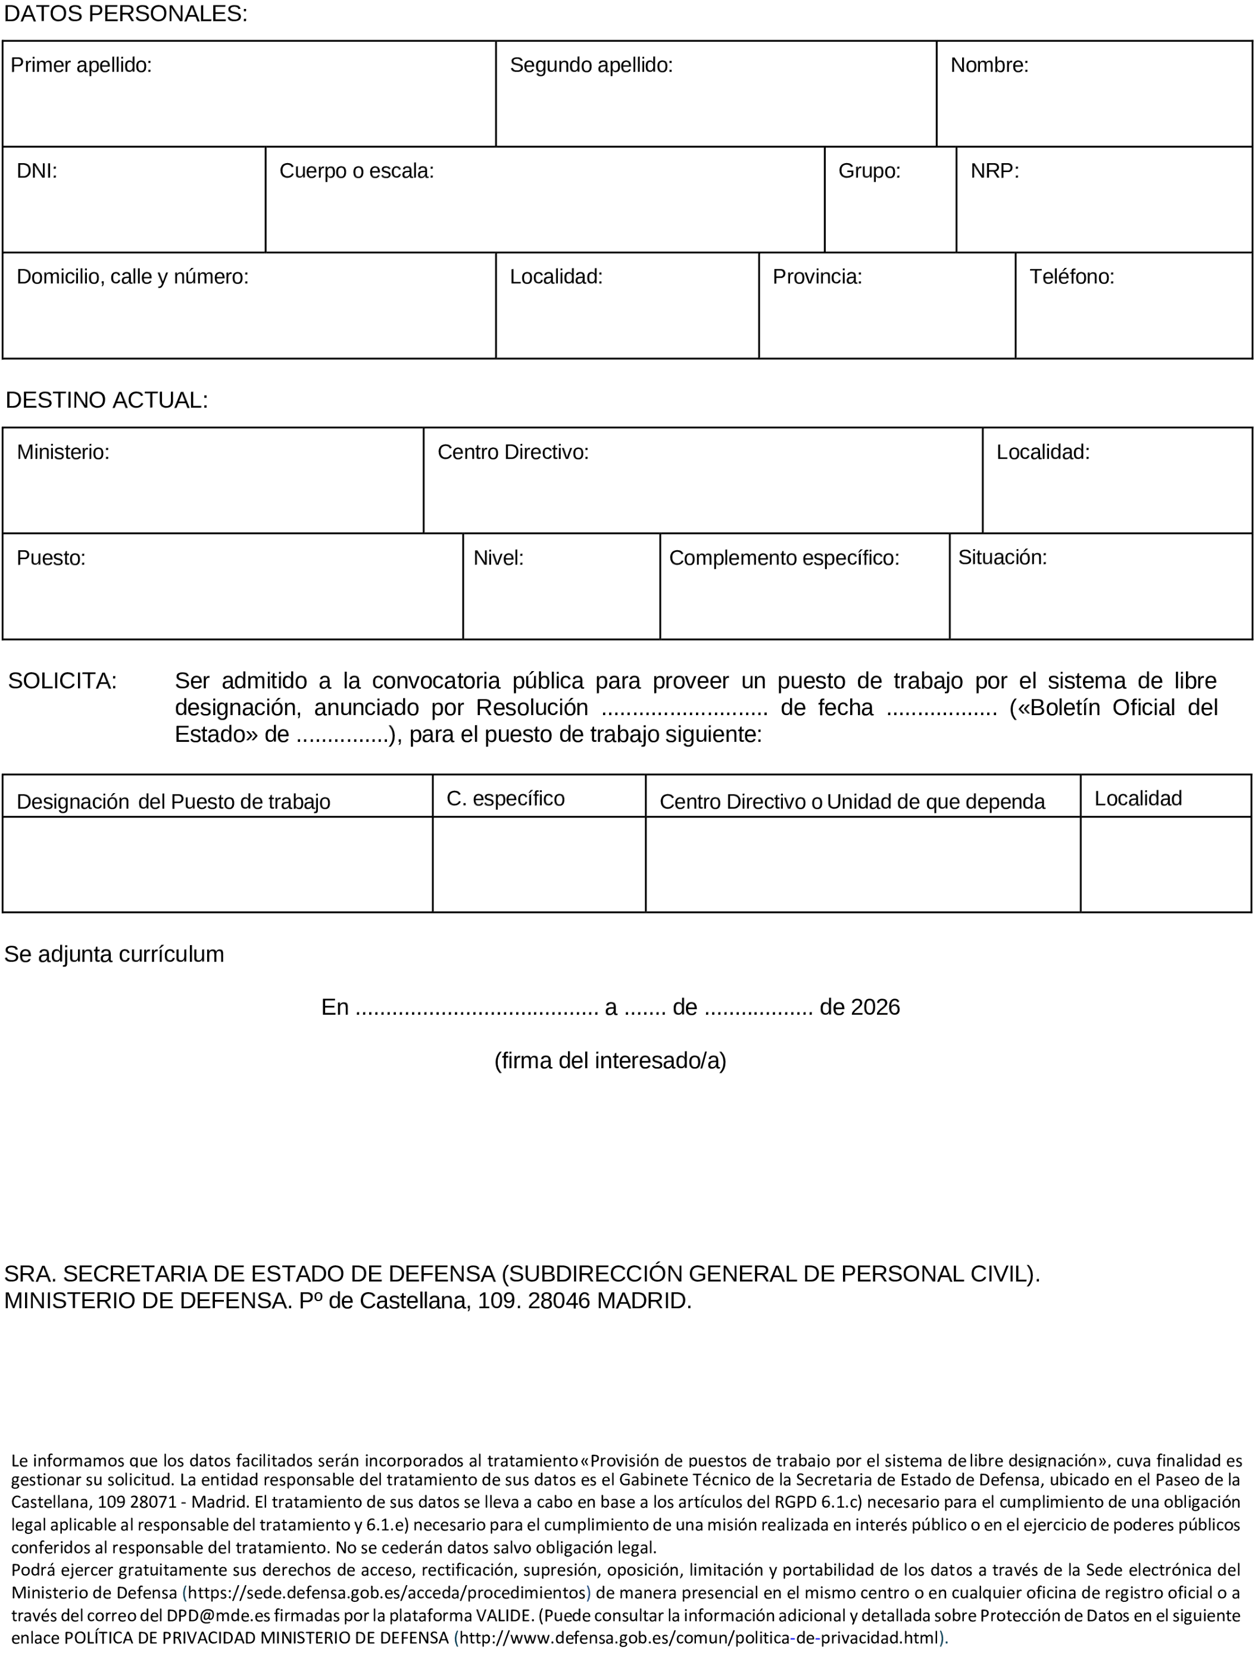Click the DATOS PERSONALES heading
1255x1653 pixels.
pyautogui.click(x=126, y=14)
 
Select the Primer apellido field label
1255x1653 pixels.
pyautogui.click(x=81, y=66)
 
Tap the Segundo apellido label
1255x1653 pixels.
pyautogui.click(x=591, y=66)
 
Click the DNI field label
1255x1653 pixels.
pyautogui.click(x=36, y=171)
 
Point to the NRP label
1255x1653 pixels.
pyautogui.click(x=994, y=171)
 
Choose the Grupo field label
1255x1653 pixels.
pyautogui.click(x=869, y=171)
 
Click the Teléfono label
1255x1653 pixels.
pyautogui.click(x=1071, y=277)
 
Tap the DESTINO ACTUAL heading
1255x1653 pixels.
pyautogui.click(x=107, y=401)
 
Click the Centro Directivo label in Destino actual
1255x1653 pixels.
pyautogui.click(x=513, y=452)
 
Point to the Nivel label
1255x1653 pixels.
pyautogui.click(x=498, y=558)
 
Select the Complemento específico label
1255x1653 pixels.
pyautogui.click(x=783, y=558)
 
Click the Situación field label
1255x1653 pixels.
pyautogui.click(x=1002, y=557)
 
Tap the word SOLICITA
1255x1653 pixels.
pyautogui.click(x=62, y=682)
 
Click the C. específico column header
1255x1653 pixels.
pyautogui.click(x=505, y=799)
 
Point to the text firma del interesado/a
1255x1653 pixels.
pyautogui.click(x=610, y=1061)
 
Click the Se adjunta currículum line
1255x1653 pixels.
pyautogui.click(x=114, y=955)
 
